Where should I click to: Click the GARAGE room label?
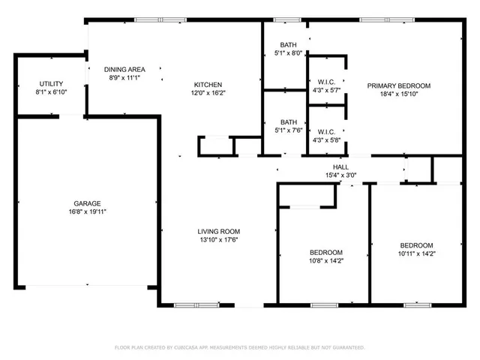[x=88, y=203]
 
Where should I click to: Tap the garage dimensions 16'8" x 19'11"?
[x=88, y=212]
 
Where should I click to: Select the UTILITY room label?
[x=51, y=83]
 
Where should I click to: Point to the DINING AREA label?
[x=124, y=70]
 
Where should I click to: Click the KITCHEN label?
[x=208, y=84]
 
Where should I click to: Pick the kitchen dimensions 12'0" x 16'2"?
[x=208, y=94]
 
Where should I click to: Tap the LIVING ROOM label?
[x=218, y=231]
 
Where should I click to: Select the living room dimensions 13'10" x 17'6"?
[x=218, y=241]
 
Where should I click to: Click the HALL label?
[x=341, y=166]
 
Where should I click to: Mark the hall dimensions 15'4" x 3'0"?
[x=341, y=175]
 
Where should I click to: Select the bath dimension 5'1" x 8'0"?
[x=289, y=53]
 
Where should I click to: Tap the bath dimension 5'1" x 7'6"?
[x=289, y=130]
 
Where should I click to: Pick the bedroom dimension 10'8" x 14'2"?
[x=325, y=261]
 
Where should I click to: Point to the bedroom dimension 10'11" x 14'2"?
[x=415, y=254]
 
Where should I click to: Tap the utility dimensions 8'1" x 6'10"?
[x=51, y=92]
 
